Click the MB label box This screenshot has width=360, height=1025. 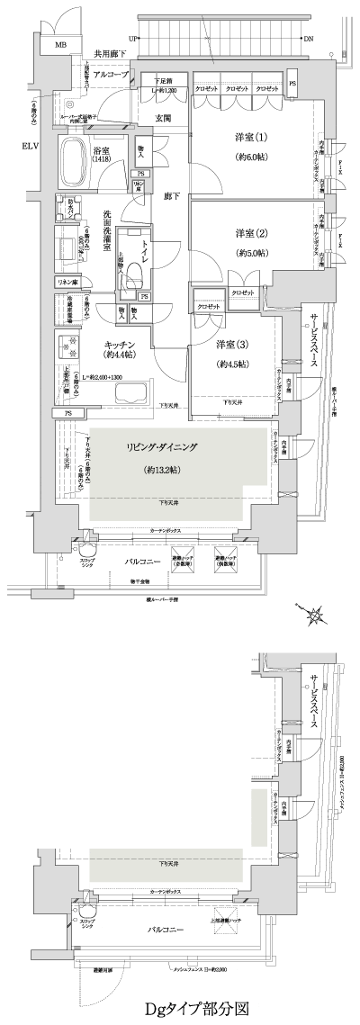click(x=61, y=44)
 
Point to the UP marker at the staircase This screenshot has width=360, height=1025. click(x=133, y=40)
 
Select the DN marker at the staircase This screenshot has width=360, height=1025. click(x=309, y=40)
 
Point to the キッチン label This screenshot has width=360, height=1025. click(x=118, y=346)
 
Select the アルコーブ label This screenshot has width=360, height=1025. click(x=109, y=76)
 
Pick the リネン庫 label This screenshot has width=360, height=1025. click(x=67, y=283)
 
